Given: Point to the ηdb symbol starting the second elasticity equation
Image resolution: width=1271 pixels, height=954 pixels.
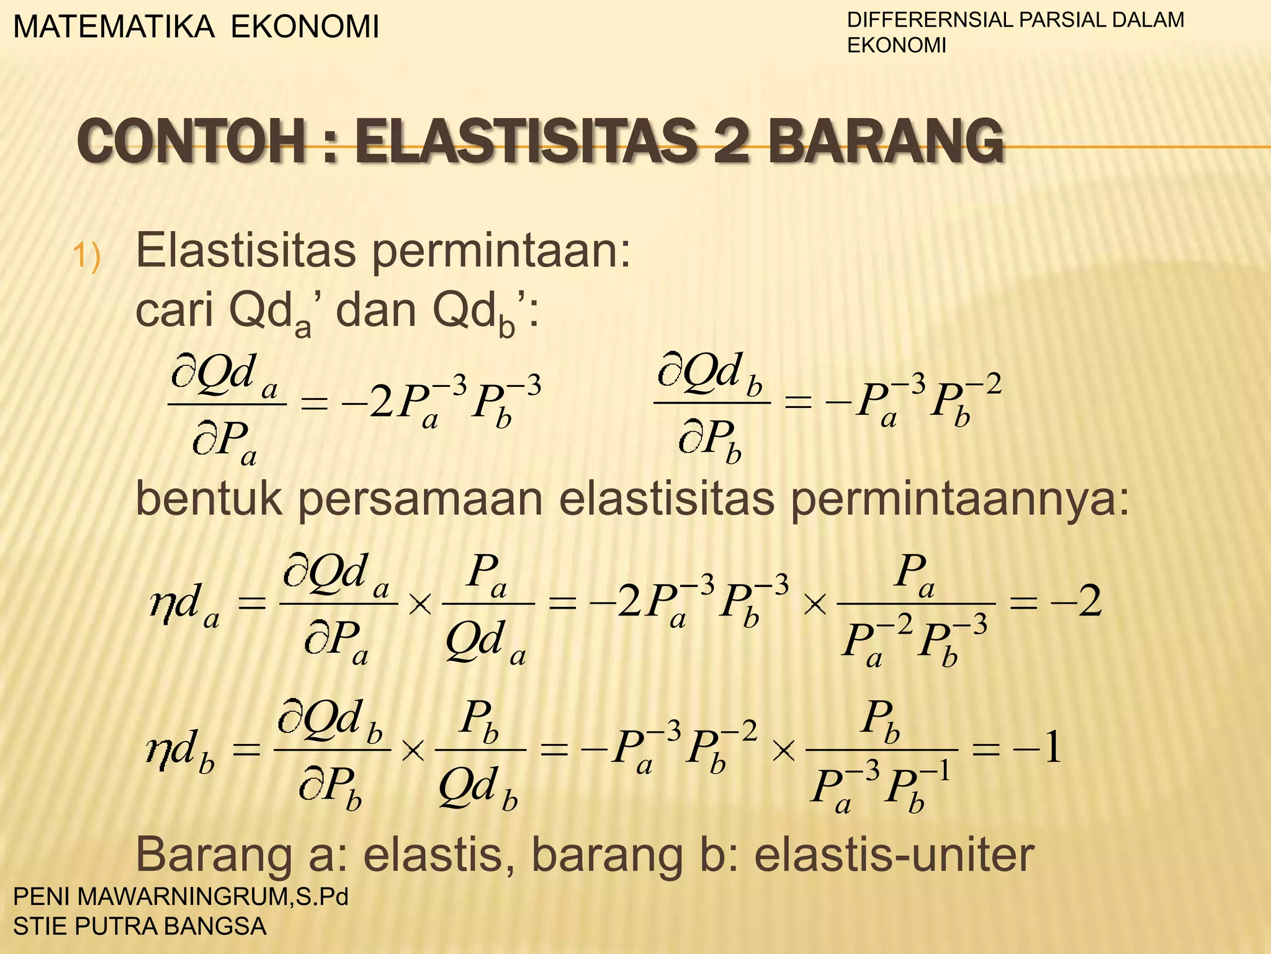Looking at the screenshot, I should coord(180,752).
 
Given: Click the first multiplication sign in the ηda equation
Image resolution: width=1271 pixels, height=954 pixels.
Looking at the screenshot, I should coord(420,604).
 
